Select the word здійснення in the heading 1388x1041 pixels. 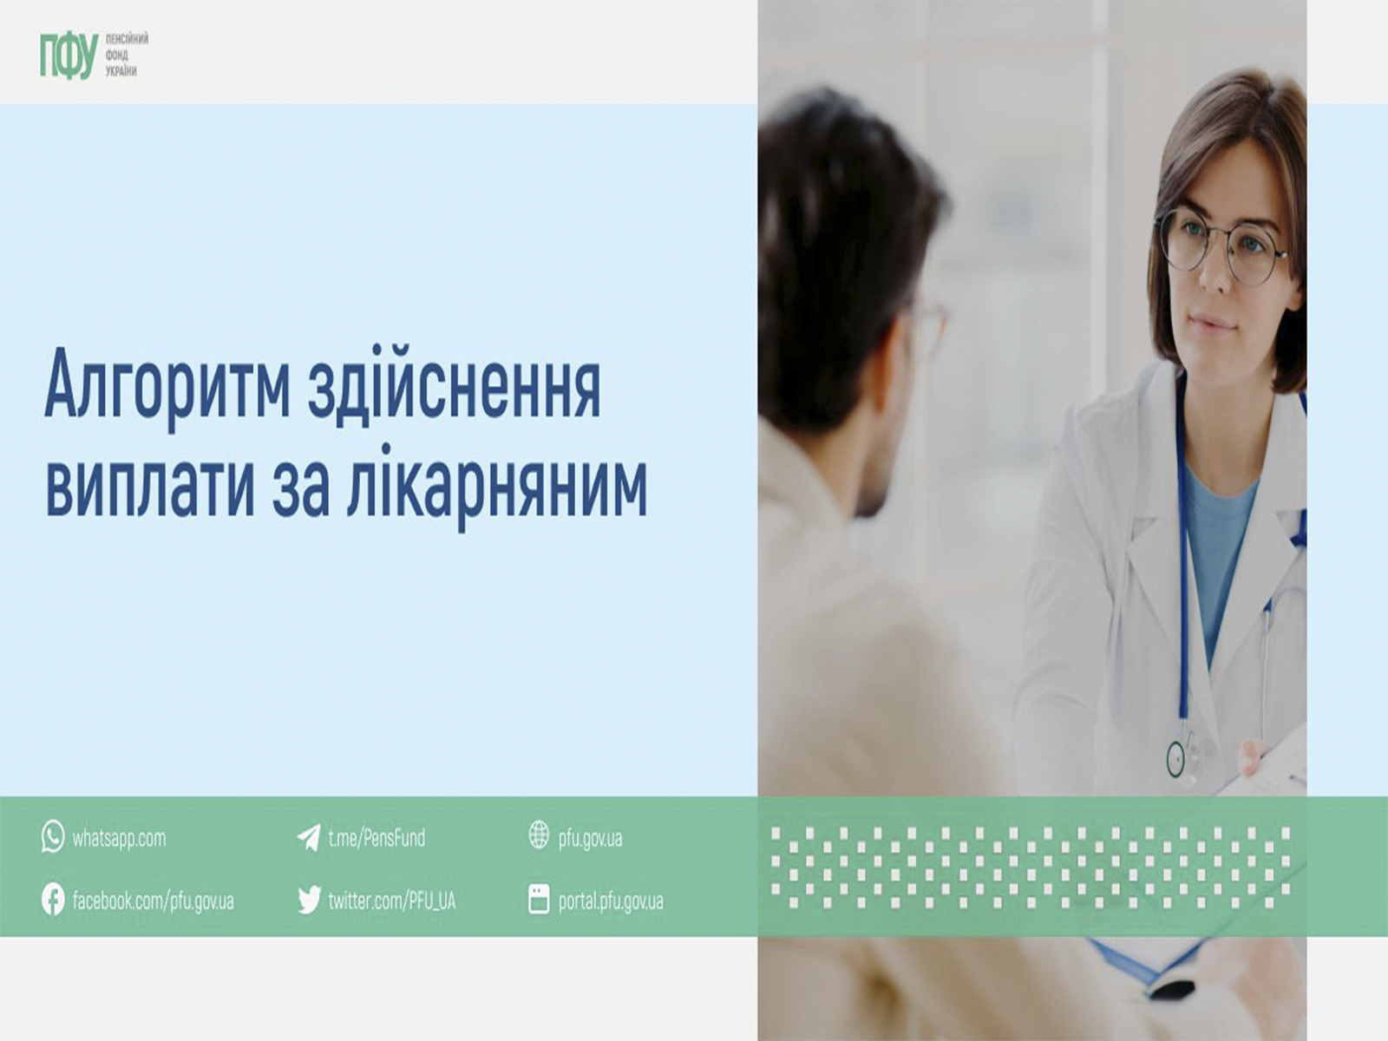455,383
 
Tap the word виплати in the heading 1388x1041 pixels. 150,484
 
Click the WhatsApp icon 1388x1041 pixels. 53,837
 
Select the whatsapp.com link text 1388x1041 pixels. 119,839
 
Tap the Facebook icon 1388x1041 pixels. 53,900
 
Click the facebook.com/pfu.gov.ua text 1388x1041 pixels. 153,900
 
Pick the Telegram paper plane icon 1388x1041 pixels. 309,837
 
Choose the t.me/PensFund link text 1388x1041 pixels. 376,838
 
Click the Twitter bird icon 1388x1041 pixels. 309,900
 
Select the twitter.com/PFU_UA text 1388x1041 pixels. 391,900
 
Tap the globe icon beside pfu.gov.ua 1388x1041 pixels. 539,835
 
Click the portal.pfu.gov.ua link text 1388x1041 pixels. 611,901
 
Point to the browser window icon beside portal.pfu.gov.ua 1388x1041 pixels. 539,900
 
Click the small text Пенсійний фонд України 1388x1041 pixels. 127,56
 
